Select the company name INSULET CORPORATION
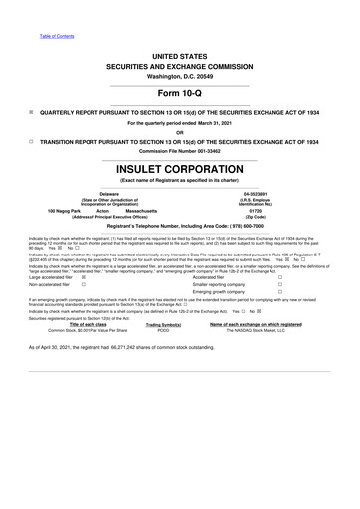pyautogui.click(x=179, y=170)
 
